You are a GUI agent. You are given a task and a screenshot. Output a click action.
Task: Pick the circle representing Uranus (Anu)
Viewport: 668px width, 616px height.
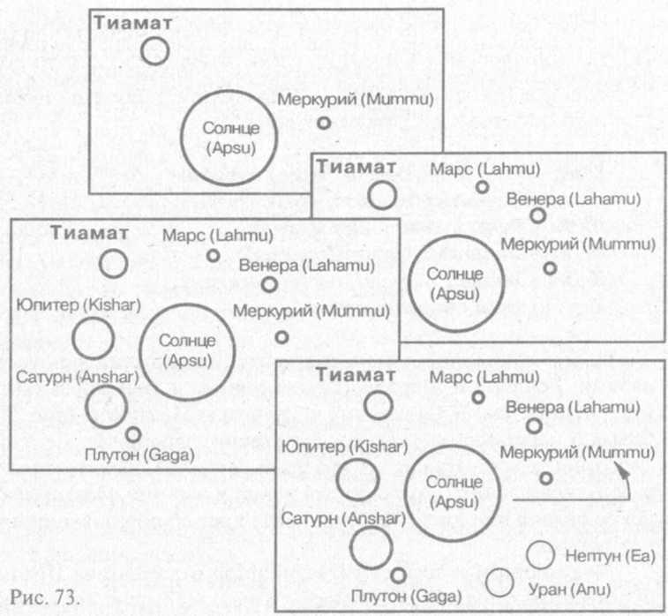(499, 582)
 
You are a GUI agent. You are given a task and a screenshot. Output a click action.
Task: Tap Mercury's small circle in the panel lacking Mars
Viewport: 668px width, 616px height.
(324, 124)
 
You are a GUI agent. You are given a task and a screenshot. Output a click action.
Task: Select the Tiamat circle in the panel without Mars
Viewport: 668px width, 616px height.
(155, 49)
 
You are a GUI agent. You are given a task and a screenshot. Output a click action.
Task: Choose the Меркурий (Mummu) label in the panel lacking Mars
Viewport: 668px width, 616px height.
(357, 99)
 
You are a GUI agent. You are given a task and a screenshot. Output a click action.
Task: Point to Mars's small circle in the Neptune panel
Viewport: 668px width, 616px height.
(478, 397)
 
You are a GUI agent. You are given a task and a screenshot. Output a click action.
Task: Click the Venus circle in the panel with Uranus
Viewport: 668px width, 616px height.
(533, 425)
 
